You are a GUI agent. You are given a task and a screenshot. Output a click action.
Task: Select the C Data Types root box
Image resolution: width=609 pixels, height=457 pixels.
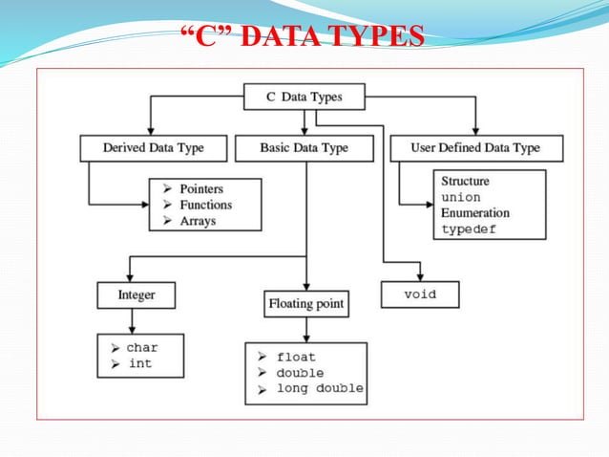coord(304,97)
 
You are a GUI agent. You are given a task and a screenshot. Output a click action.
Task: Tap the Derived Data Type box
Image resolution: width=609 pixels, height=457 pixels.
coord(154,148)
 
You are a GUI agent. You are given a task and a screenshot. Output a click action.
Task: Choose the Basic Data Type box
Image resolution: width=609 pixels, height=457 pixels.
coord(304,148)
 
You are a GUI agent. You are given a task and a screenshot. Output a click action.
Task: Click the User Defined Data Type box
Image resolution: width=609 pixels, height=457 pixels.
coord(477,148)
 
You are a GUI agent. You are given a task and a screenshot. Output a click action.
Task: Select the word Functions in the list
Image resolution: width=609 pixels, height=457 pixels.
coord(205,205)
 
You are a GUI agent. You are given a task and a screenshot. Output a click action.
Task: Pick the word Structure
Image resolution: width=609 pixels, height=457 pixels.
coord(466,181)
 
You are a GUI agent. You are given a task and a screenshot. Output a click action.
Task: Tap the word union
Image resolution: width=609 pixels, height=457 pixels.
coord(461,197)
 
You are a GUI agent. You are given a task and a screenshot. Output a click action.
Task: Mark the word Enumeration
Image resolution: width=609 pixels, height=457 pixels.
coord(475,213)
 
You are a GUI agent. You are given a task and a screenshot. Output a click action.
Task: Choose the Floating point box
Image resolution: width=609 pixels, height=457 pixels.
coord(305,306)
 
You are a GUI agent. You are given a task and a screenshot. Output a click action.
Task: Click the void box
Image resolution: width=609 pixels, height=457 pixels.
coord(420,294)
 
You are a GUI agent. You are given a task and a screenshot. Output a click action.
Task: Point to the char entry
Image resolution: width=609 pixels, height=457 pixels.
coord(142,348)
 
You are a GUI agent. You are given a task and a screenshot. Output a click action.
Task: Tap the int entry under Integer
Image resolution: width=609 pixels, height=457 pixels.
coord(139,363)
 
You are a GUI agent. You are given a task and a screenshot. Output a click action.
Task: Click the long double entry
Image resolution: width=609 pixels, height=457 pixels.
coord(320,388)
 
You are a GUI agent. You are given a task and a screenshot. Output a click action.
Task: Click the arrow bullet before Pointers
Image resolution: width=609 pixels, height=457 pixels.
coord(168,188)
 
